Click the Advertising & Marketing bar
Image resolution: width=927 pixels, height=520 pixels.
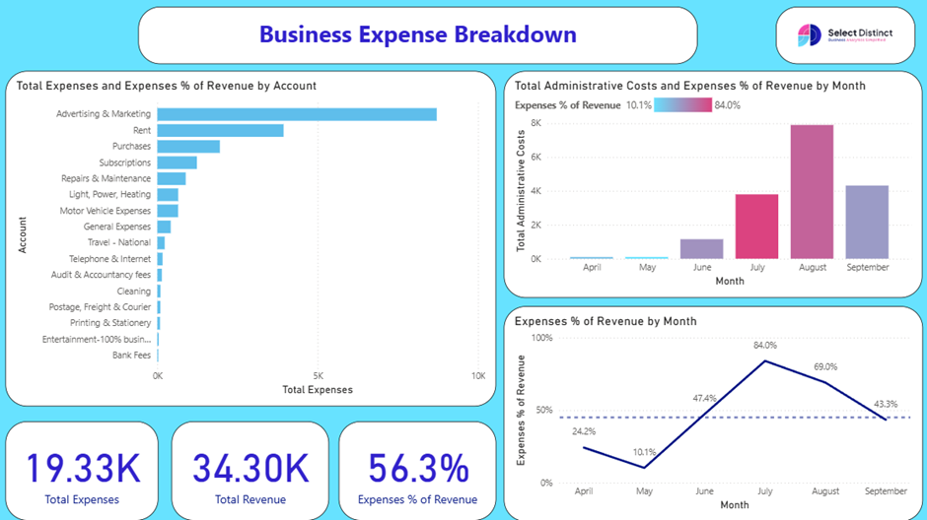[296, 114]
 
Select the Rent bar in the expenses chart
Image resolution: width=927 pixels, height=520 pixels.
[220, 130]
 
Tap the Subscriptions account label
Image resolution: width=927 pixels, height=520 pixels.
[125, 162]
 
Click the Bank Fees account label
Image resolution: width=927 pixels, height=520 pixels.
[131, 355]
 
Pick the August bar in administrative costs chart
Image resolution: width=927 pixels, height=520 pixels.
[812, 192]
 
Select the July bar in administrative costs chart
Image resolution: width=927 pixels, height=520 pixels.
[756, 227]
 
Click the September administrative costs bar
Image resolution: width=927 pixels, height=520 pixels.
[867, 222]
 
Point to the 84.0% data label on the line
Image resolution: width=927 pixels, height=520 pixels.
[765, 346]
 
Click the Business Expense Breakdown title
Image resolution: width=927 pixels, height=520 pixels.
[417, 34]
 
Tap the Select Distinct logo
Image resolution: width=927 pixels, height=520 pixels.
[845, 35]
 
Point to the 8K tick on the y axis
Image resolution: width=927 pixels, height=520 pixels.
[535, 123]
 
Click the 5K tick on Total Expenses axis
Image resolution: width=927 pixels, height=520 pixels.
[318, 375]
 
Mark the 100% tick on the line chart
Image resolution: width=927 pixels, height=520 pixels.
[541, 338]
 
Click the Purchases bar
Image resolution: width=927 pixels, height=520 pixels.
[188, 147]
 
